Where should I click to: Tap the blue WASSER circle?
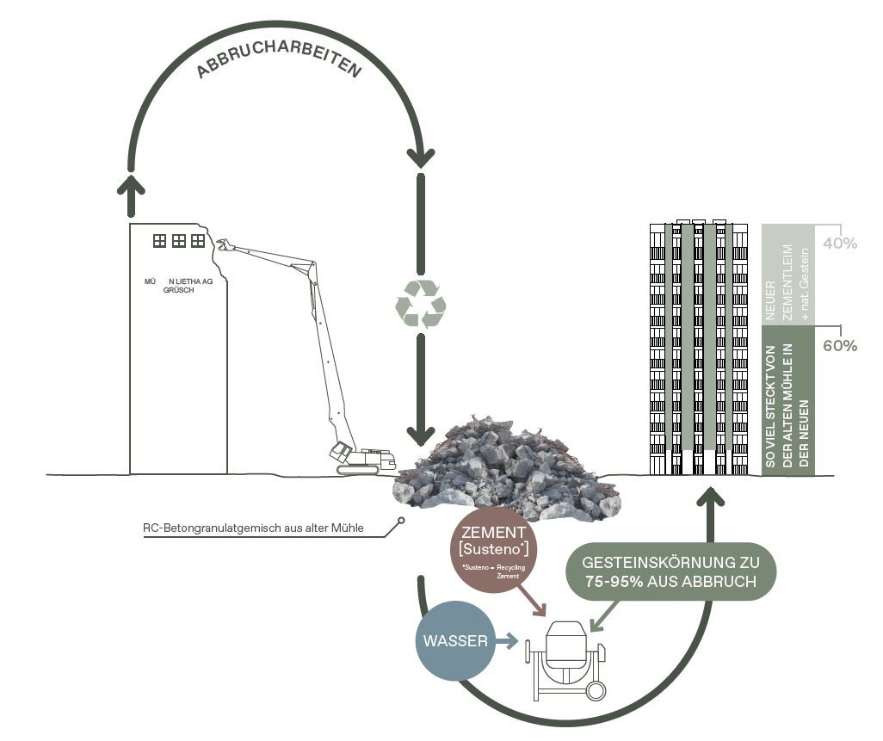point(456,641)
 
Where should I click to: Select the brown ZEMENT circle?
point(494,556)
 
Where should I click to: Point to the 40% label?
point(840,243)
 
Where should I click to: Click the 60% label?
point(840,346)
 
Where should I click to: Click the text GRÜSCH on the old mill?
point(179,291)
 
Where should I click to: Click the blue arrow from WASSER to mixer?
point(509,641)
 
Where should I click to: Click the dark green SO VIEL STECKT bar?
point(787,400)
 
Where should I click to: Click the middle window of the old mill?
point(178,241)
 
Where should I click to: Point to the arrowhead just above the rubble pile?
point(421,434)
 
